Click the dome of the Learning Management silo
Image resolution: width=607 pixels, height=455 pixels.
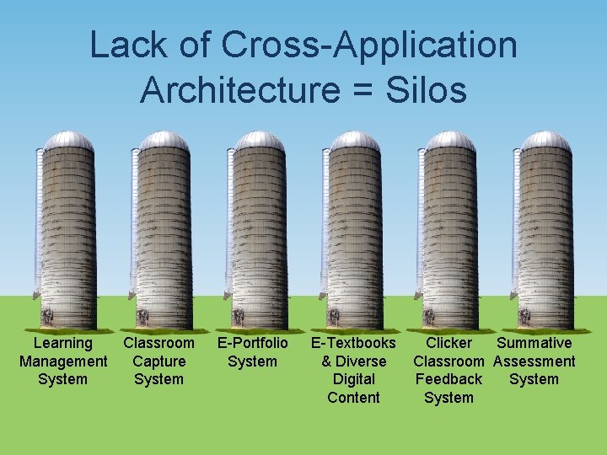(x=68, y=140)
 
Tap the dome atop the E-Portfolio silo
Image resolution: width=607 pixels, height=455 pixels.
(x=259, y=140)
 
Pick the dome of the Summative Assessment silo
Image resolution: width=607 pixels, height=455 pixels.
(x=545, y=140)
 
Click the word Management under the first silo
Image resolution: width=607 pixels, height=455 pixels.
(x=63, y=361)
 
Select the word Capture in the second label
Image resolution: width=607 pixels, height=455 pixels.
(x=158, y=361)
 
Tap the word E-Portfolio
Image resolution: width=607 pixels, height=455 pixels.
(x=253, y=343)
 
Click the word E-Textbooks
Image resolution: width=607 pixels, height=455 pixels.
(x=353, y=343)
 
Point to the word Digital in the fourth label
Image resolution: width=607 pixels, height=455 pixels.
(x=353, y=379)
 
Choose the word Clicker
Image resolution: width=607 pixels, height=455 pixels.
(x=449, y=343)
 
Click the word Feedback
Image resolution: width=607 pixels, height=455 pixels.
(x=449, y=379)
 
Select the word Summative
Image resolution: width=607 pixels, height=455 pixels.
(x=534, y=343)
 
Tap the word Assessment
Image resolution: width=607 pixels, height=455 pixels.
(x=534, y=361)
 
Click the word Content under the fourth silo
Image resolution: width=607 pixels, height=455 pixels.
(x=353, y=398)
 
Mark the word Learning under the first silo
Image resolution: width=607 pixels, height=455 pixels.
(x=63, y=343)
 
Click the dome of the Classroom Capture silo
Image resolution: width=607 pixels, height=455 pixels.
(x=164, y=140)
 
